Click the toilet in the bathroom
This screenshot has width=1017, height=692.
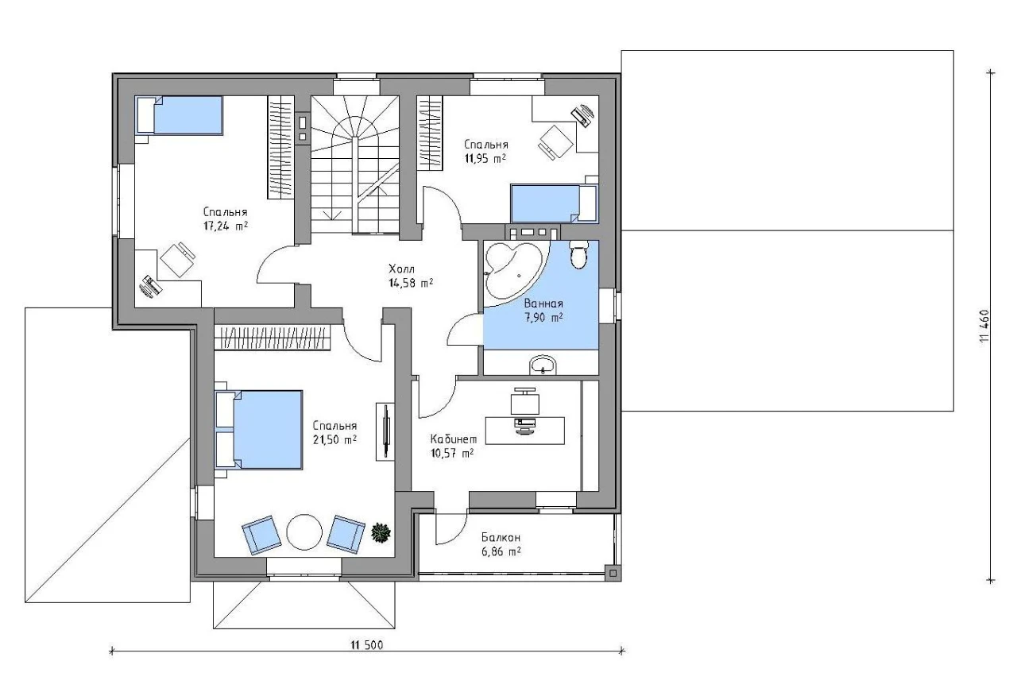(579, 255)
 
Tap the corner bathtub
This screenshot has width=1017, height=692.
(513, 269)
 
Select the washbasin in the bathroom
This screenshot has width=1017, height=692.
(543, 365)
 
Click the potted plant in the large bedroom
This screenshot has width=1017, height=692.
(381, 532)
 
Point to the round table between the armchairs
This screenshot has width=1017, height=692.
(304, 532)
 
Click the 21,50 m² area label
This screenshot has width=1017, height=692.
(334, 439)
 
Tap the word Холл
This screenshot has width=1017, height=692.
(401, 269)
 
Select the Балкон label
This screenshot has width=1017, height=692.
(501, 538)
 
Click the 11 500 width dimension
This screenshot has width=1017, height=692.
(366, 645)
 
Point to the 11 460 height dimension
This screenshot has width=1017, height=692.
(984, 326)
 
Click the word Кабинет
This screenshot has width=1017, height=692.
(454, 439)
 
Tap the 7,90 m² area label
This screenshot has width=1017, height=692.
(544, 317)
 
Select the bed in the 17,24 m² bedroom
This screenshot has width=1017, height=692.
(180, 115)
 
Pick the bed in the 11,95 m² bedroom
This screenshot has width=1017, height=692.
(554, 203)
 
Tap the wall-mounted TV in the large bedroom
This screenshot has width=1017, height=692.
(385, 431)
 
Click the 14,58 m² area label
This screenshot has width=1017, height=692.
(411, 283)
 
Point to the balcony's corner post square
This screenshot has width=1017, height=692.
(613, 572)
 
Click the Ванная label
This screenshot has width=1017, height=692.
(543, 303)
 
